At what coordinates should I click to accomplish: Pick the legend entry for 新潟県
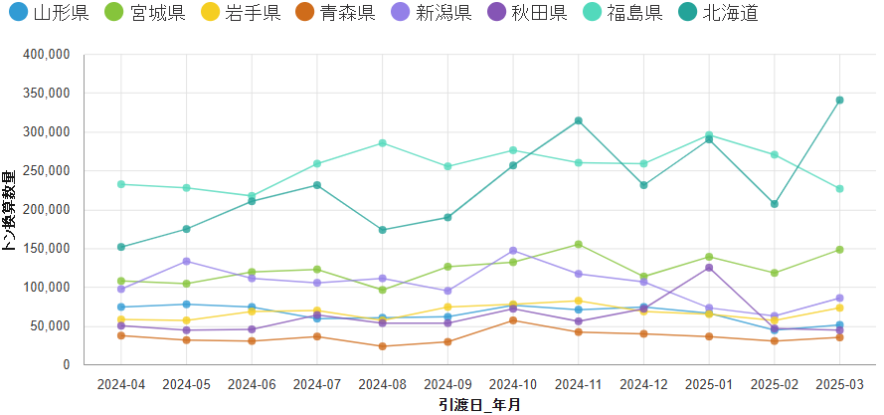(x=443, y=13)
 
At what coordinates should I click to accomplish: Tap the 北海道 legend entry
(x=730, y=13)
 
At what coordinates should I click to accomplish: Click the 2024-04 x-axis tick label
(x=120, y=384)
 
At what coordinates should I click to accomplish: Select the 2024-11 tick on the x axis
(x=578, y=384)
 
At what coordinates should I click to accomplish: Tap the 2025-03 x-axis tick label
(x=839, y=384)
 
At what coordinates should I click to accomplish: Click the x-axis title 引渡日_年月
(x=479, y=405)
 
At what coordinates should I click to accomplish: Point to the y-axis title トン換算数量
(x=9, y=210)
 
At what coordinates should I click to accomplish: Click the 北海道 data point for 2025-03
(x=839, y=101)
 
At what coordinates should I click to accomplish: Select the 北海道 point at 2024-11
(x=578, y=120)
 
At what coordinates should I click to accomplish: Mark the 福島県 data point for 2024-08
(x=382, y=143)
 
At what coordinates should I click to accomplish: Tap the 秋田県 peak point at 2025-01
(x=709, y=268)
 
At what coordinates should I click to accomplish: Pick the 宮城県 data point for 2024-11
(x=578, y=244)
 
